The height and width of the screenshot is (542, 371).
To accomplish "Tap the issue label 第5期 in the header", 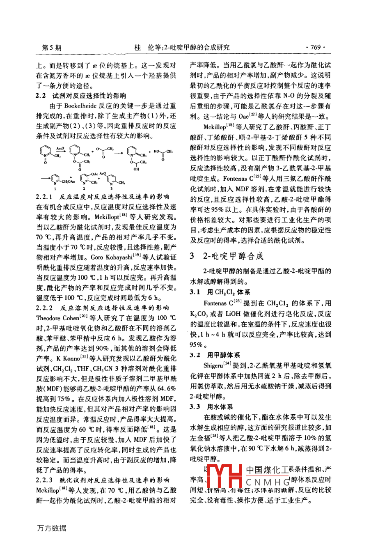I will [x=52, y=48].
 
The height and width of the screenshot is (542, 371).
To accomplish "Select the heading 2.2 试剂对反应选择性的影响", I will [x=81, y=96].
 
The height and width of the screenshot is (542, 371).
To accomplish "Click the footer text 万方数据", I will [x=51, y=528].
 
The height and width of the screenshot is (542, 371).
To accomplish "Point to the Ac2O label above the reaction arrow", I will [x=60, y=148].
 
